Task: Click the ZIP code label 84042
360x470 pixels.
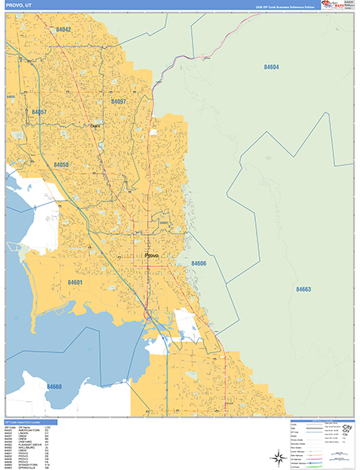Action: coord(63,29)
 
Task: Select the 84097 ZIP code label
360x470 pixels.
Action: coord(118,101)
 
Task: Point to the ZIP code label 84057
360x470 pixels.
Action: coord(39,112)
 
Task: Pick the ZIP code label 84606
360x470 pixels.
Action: coord(198,264)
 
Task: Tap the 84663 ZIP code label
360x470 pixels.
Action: coord(303,289)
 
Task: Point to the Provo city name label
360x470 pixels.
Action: coord(152,255)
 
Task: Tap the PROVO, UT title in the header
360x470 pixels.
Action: coord(19,5)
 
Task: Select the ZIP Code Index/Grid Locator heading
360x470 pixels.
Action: coord(28,421)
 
